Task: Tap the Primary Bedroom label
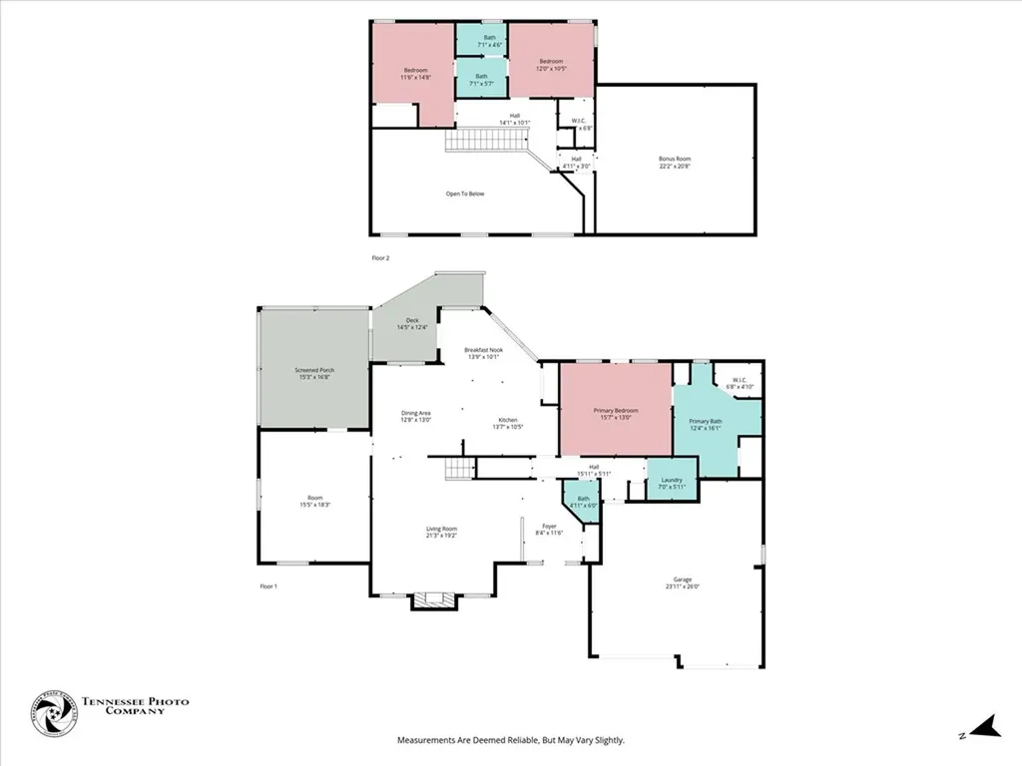tap(616, 414)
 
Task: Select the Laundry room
tap(672, 483)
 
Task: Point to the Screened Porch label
tap(314, 373)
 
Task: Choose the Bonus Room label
tap(675, 162)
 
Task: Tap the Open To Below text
tap(465, 193)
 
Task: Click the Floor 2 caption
tap(380, 257)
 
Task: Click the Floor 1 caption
tap(267, 585)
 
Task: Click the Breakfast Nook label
tap(483, 352)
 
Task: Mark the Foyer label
tap(550, 529)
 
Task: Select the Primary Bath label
tap(706, 424)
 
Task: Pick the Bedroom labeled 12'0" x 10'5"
tap(552, 64)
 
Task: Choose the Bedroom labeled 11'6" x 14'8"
tap(416, 72)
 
